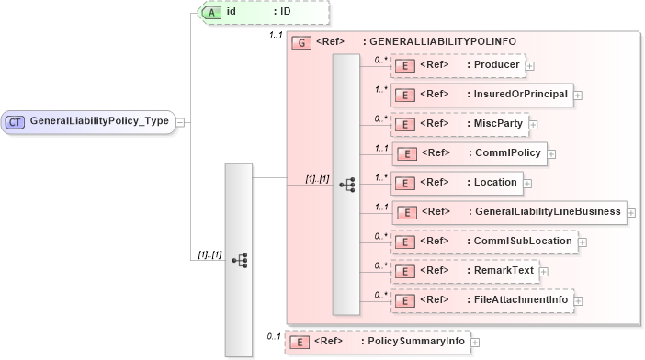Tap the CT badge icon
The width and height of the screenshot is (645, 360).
click(17, 121)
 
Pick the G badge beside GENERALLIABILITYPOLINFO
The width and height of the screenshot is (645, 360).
click(300, 42)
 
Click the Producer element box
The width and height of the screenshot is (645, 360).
click(458, 64)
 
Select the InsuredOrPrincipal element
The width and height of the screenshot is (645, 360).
click(481, 94)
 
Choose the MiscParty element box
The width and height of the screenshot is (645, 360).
click(459, 123)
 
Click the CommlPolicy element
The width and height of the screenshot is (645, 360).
click(470, 152)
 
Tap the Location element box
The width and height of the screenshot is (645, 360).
click(457, 182)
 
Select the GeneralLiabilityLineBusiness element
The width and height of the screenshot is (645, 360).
click(509, 211)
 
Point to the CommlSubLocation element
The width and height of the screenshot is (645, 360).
click(483, 241)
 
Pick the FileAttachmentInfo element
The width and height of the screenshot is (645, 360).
click(483, 299)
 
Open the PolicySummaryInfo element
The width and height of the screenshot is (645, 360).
click(377, 342)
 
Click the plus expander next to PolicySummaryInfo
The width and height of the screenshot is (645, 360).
click(475, 343)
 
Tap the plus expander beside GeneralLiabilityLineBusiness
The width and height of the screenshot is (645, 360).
click(632, 212)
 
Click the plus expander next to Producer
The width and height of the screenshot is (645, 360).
click(530, 65)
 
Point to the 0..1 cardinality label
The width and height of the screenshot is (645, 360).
click(273, 336)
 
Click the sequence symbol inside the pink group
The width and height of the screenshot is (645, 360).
click(346, 184)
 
